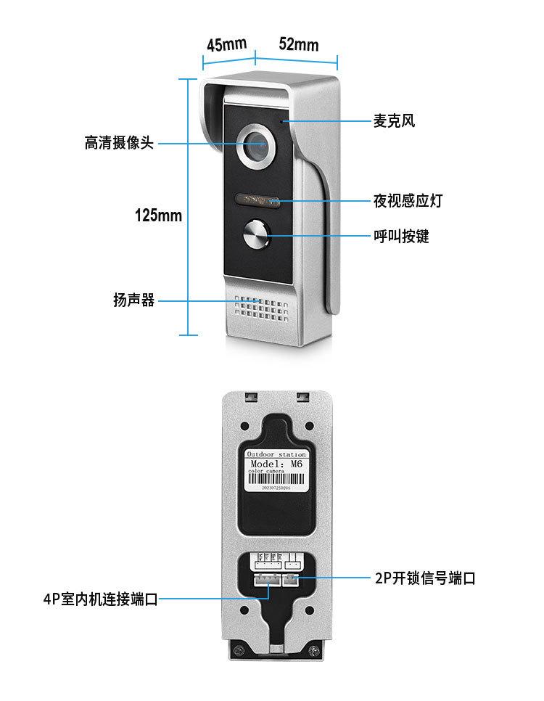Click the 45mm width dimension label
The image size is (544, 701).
(x=226, y=44)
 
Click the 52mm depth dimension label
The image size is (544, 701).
(x=298, y=44)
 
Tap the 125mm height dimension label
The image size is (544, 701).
(x=158, y=216)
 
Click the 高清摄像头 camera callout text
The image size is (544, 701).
(x=119, y=143)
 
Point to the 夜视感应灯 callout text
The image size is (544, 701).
(x=408, y=201)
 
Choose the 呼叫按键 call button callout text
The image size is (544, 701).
(x=401, y=236)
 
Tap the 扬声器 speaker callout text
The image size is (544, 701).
(x=134, y=300)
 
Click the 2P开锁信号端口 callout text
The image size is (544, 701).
(x=425, y=578)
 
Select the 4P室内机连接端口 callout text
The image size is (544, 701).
(x=100, y=599)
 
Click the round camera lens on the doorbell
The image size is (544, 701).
(x=255, y=146)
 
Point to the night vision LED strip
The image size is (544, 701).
(x=255, y=200)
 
